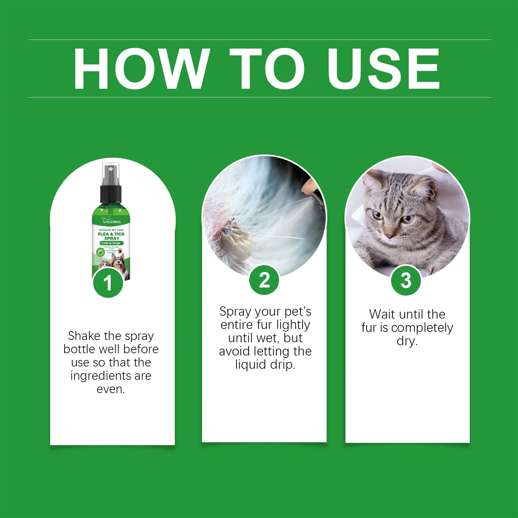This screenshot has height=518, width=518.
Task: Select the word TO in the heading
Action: [267, 69]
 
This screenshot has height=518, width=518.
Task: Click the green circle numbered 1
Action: [108, 283]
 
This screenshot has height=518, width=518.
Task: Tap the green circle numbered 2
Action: [264, 280]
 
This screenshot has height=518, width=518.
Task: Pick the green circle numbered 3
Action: [406, 280]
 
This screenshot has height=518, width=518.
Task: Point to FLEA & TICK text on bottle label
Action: [111, 234]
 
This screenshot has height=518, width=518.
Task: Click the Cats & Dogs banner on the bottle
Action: [111, 243]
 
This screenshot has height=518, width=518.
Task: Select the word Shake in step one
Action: [84, 336]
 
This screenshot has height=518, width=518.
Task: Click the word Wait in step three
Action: [382, 314]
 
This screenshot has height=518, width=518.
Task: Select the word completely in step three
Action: [422, 328]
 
